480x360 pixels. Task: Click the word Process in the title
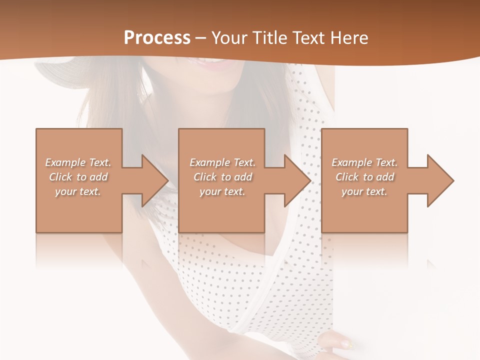[x=157, y=37]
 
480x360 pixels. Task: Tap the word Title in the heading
[x=269, y=38]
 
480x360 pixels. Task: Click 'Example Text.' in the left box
[x=78, y=162]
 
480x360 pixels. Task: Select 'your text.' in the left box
[x=78, y=191]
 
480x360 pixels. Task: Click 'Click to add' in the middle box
[x=222, y=176]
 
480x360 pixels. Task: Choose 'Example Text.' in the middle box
[x=222, y=162]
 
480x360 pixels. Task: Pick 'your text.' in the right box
[x=364, y=191]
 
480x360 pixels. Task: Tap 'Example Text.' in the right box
[x=364, y=162]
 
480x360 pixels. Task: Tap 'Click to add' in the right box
[x=364, y=176]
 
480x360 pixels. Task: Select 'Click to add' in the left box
[x=78, y=176]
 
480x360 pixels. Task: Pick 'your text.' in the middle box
[x=222, y=191]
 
